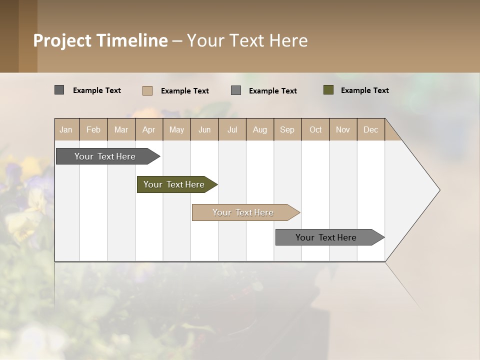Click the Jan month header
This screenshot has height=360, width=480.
pos(66,129)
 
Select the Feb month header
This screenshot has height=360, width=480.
pos(93,129)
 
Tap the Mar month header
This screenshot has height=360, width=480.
pos(121,129)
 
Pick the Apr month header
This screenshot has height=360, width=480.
pos(149,129)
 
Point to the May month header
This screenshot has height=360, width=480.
pos(176,129)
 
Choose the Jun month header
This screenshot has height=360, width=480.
pos(204,129)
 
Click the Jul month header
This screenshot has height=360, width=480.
pos(232,129)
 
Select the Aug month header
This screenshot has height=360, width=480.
pos(260,129)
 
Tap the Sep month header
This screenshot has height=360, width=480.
pos(287,129)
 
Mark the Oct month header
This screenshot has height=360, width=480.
pos(315,129)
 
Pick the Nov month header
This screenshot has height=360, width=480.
pos(343,129)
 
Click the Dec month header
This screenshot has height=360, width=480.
pos(371,129)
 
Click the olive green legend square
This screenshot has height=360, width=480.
pos(328,90)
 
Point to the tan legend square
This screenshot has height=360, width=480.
pos(147,90)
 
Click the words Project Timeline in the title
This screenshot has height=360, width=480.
pos(100,40)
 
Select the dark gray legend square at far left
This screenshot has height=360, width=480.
pos(59,90)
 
